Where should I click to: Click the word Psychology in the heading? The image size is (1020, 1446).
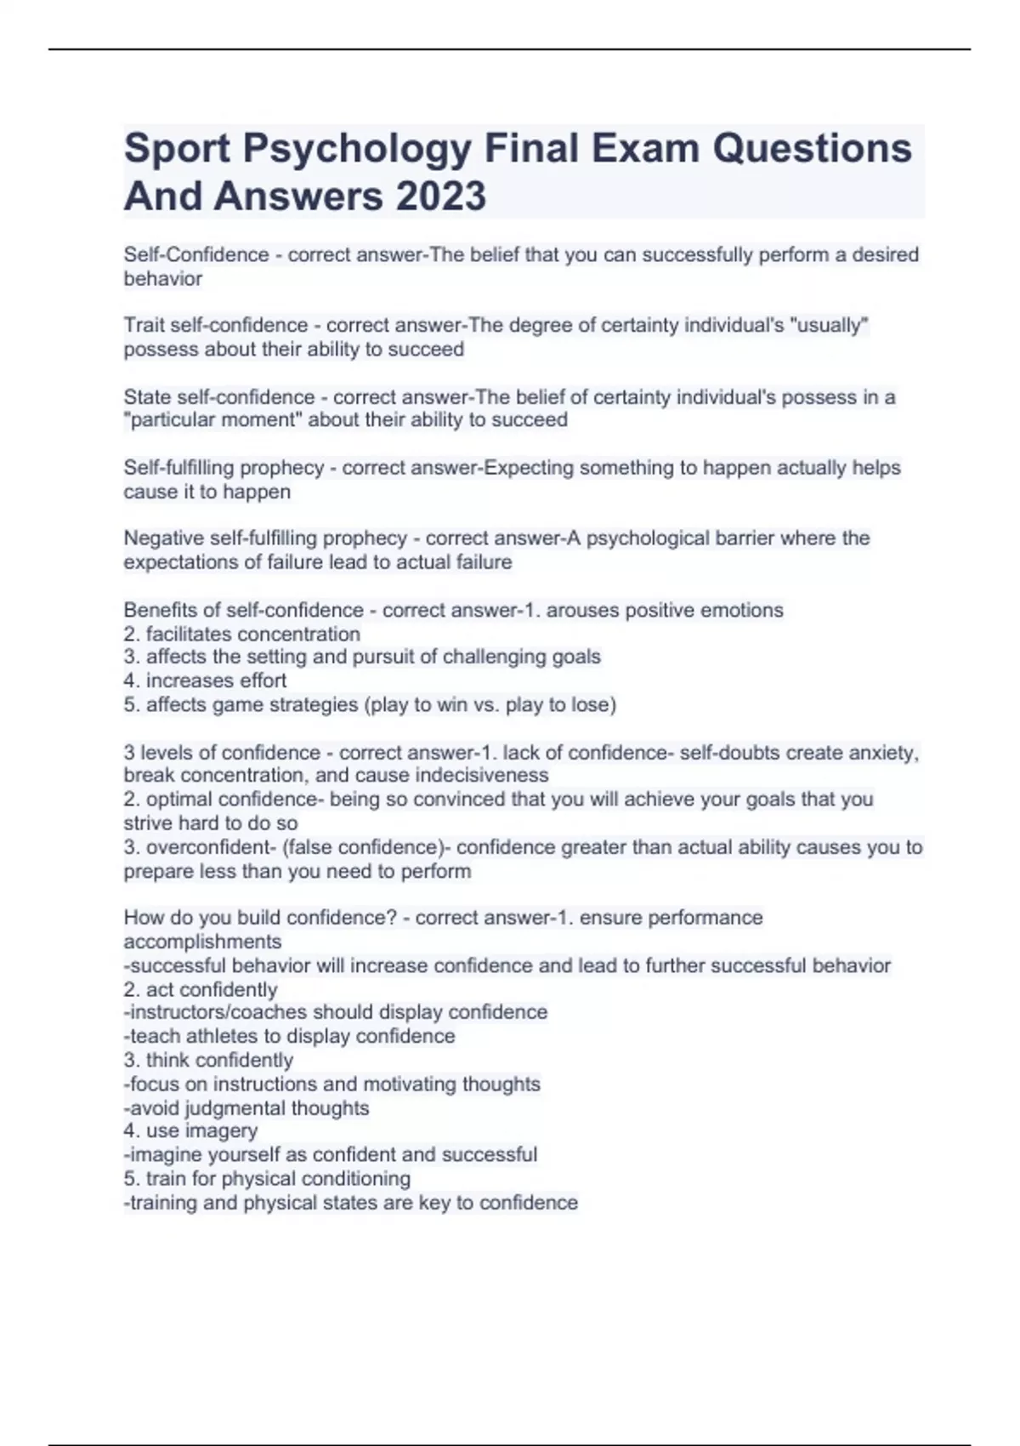[x=357, y=148]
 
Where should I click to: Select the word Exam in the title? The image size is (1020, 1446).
[x=645, y=148]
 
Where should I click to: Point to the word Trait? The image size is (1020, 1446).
[x=144, y=326]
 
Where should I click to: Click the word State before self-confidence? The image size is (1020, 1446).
[x=147, y=397]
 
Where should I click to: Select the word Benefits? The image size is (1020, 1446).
[x=158, y=610]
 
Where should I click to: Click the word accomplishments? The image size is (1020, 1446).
[x=202, y=942]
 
